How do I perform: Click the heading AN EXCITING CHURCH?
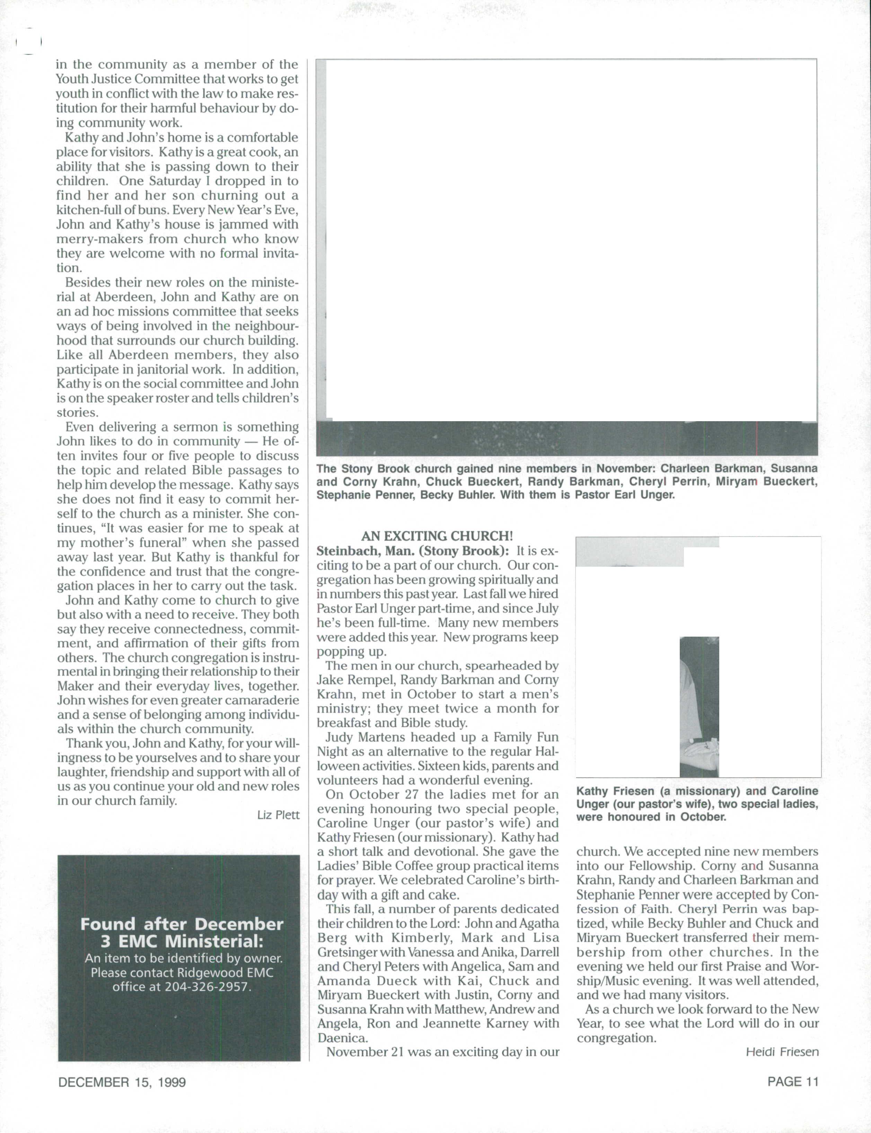pyautogui.click(x=437, y=535)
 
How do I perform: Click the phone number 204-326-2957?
pyautogui.click(x=208, y=986)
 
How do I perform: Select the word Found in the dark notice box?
pyautogui.click(x=108, y=924)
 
